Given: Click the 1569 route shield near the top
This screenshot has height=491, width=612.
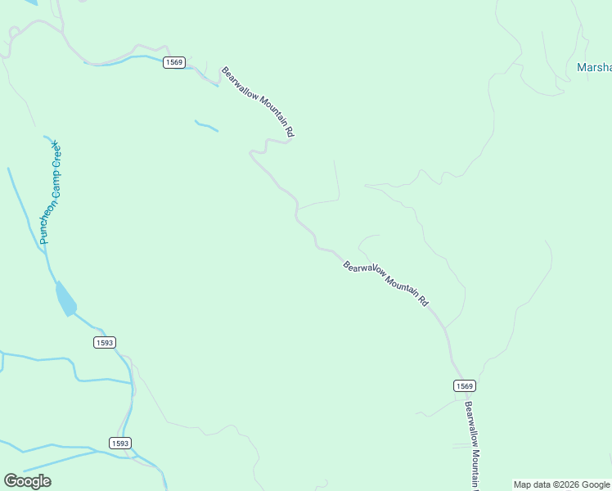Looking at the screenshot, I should [173, 62].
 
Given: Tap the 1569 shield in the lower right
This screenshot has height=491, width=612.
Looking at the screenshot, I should [464, 385].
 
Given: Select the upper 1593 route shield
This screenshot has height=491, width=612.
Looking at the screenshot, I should [104, 342].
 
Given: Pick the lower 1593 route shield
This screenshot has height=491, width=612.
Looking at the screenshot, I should [119, 443].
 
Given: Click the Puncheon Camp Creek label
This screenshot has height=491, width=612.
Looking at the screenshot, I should [51, 193].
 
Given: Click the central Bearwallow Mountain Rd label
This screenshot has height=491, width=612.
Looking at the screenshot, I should [385, 282].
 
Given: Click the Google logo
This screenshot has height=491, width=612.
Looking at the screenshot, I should [27, 481].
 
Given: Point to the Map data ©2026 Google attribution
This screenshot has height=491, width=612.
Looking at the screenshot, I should [561, 484].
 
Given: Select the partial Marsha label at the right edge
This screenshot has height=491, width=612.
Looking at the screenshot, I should [594, 68].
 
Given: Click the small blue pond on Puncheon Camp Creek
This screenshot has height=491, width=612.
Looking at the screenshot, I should [65, 299].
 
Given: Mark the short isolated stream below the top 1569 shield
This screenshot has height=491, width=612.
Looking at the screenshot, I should [206, 126].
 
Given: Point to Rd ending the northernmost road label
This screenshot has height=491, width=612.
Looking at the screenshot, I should [289, 131].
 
